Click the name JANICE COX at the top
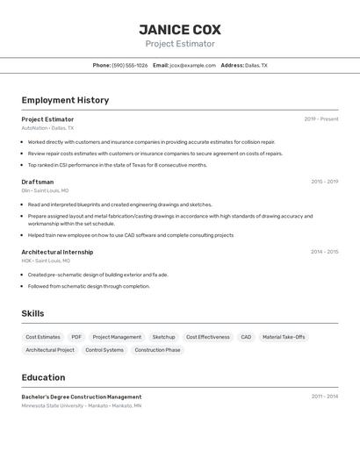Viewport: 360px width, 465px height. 180,29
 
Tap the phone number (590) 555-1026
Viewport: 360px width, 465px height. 130,65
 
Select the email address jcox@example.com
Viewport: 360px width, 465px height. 192,65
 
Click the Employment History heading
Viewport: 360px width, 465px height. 65,100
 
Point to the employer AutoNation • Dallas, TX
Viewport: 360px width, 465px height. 47,128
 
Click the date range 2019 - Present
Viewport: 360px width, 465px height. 320,119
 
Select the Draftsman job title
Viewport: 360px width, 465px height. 37,182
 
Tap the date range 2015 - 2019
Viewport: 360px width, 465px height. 324,182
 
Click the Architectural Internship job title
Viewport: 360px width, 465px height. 57,252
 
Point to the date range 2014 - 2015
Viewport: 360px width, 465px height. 324,252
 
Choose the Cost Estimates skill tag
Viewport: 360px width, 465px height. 43,337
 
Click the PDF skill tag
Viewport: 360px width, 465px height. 76,337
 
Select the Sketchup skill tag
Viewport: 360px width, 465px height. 163,337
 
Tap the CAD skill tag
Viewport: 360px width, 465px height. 246,337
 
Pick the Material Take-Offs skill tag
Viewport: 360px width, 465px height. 284,337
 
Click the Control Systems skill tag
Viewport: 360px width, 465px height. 104,350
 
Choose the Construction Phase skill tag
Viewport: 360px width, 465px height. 157,350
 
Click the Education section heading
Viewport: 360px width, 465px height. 43,377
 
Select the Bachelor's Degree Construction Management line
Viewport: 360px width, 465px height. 82,397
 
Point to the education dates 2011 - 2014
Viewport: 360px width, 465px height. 324,397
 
